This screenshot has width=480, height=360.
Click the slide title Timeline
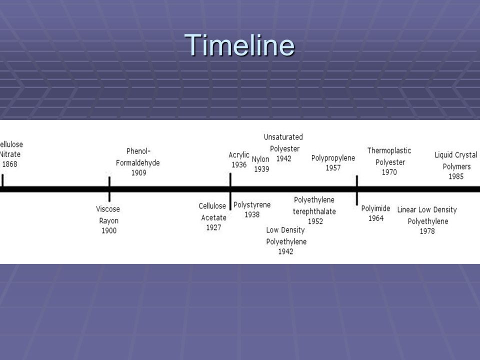pos(239,45)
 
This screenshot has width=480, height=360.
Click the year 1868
pos(10,164)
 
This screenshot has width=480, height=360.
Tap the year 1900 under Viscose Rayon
pos(109,230)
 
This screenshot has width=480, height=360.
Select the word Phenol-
pos(138,151)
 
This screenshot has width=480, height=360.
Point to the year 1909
pos(138,172)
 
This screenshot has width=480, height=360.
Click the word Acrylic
pos(239,155)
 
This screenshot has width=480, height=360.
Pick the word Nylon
pos(260,159)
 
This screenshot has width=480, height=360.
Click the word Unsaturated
pos(283,137)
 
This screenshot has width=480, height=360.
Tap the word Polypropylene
pos(333,158)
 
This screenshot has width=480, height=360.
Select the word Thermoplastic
pos(389,150)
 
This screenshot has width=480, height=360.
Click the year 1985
pos(456,176)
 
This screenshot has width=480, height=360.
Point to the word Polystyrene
pos(252,205)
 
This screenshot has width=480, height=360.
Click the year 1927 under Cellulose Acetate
pos(213,227)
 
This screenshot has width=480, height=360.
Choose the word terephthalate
pos(314,211)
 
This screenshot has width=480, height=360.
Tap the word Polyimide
pos(375,209)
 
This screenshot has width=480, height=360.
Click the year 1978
pos(427,231)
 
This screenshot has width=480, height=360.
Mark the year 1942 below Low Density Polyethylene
pos(285,251)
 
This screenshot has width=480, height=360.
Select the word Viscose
pos(108,209)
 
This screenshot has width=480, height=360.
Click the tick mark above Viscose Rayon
pos(109,189)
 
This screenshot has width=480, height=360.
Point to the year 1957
pos(333,168)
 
